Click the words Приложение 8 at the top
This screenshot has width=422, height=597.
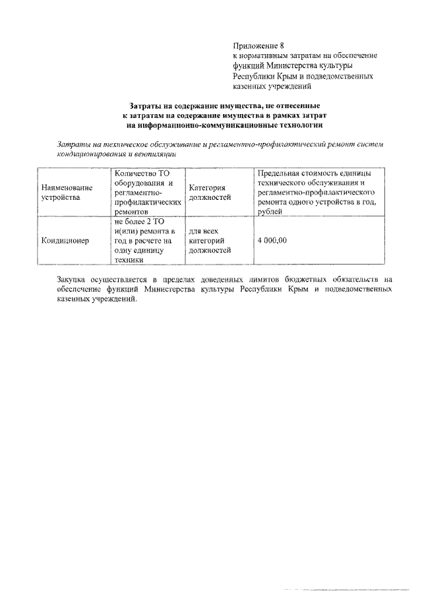pos(258,46)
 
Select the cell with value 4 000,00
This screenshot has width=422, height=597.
pos(272,241)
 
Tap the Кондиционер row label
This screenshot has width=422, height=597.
pos(65,241)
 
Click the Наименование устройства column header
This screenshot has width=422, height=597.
pos(66,192)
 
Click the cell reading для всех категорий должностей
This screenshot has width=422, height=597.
pos(210,241)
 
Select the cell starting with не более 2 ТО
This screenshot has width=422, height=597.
pos(144,241)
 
